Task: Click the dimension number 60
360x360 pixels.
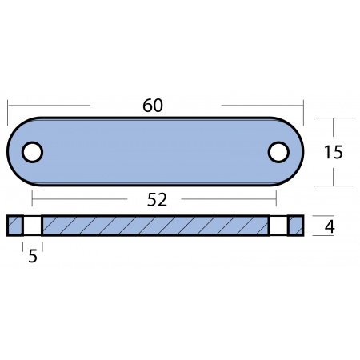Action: [x=153, y=106]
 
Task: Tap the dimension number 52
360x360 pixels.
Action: [x=157, y=200]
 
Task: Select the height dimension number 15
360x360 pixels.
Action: [x=334, y=152]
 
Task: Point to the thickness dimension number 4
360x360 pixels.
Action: [x=330, y=227]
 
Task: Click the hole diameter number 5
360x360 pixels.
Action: [x=33, y=256]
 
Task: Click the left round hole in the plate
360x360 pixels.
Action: [x=32, y=152]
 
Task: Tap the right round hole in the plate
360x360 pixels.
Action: [x=278, y=152]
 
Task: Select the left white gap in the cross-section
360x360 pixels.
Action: [x=32, y=226]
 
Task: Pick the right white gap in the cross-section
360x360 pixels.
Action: [x=278, y=226]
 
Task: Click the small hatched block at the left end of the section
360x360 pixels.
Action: [x=15, y=226]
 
